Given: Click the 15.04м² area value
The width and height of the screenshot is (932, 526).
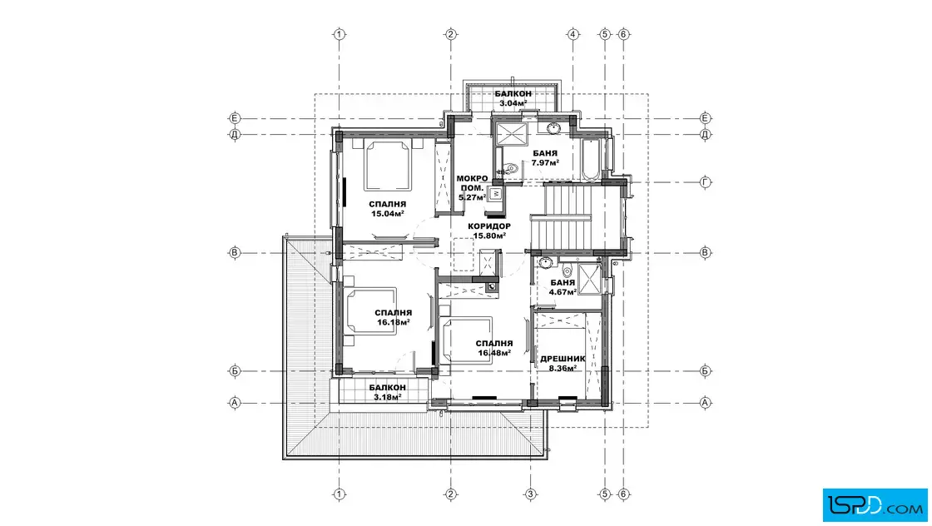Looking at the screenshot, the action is (x=388, y=214).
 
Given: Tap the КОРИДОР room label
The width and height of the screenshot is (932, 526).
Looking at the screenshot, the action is (x=489, y=226).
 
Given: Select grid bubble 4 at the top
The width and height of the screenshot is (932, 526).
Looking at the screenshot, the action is (x=573, y=34).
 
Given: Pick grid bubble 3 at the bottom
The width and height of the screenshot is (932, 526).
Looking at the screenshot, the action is (x=530, y=494).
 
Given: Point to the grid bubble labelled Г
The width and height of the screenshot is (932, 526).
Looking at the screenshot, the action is (x=705, y=182).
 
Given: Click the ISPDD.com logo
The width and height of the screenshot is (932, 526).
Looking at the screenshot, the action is (x=875, y=505).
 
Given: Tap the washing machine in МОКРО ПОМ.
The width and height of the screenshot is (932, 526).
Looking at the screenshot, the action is (x=496, y=194).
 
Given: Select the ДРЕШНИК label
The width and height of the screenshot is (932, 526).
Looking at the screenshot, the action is (x=563, y=359).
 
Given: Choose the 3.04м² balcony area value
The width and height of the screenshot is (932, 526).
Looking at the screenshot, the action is (x=513, y=103).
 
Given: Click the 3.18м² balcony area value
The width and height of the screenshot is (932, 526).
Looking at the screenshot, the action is (x=388, y=397).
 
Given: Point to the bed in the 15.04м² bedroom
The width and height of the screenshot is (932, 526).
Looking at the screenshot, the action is (x=388, y=166).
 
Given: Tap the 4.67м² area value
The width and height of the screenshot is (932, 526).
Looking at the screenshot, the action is (x=563, y=292).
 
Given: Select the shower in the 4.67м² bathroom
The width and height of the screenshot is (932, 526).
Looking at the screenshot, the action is (x=590, y=279).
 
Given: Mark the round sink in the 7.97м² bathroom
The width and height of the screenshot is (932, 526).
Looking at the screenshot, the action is (x=553, y=128).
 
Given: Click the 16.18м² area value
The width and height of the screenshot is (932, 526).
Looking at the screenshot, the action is (x=394, y=323).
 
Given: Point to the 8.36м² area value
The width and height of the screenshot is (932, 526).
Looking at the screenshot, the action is (x=563, y=369).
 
